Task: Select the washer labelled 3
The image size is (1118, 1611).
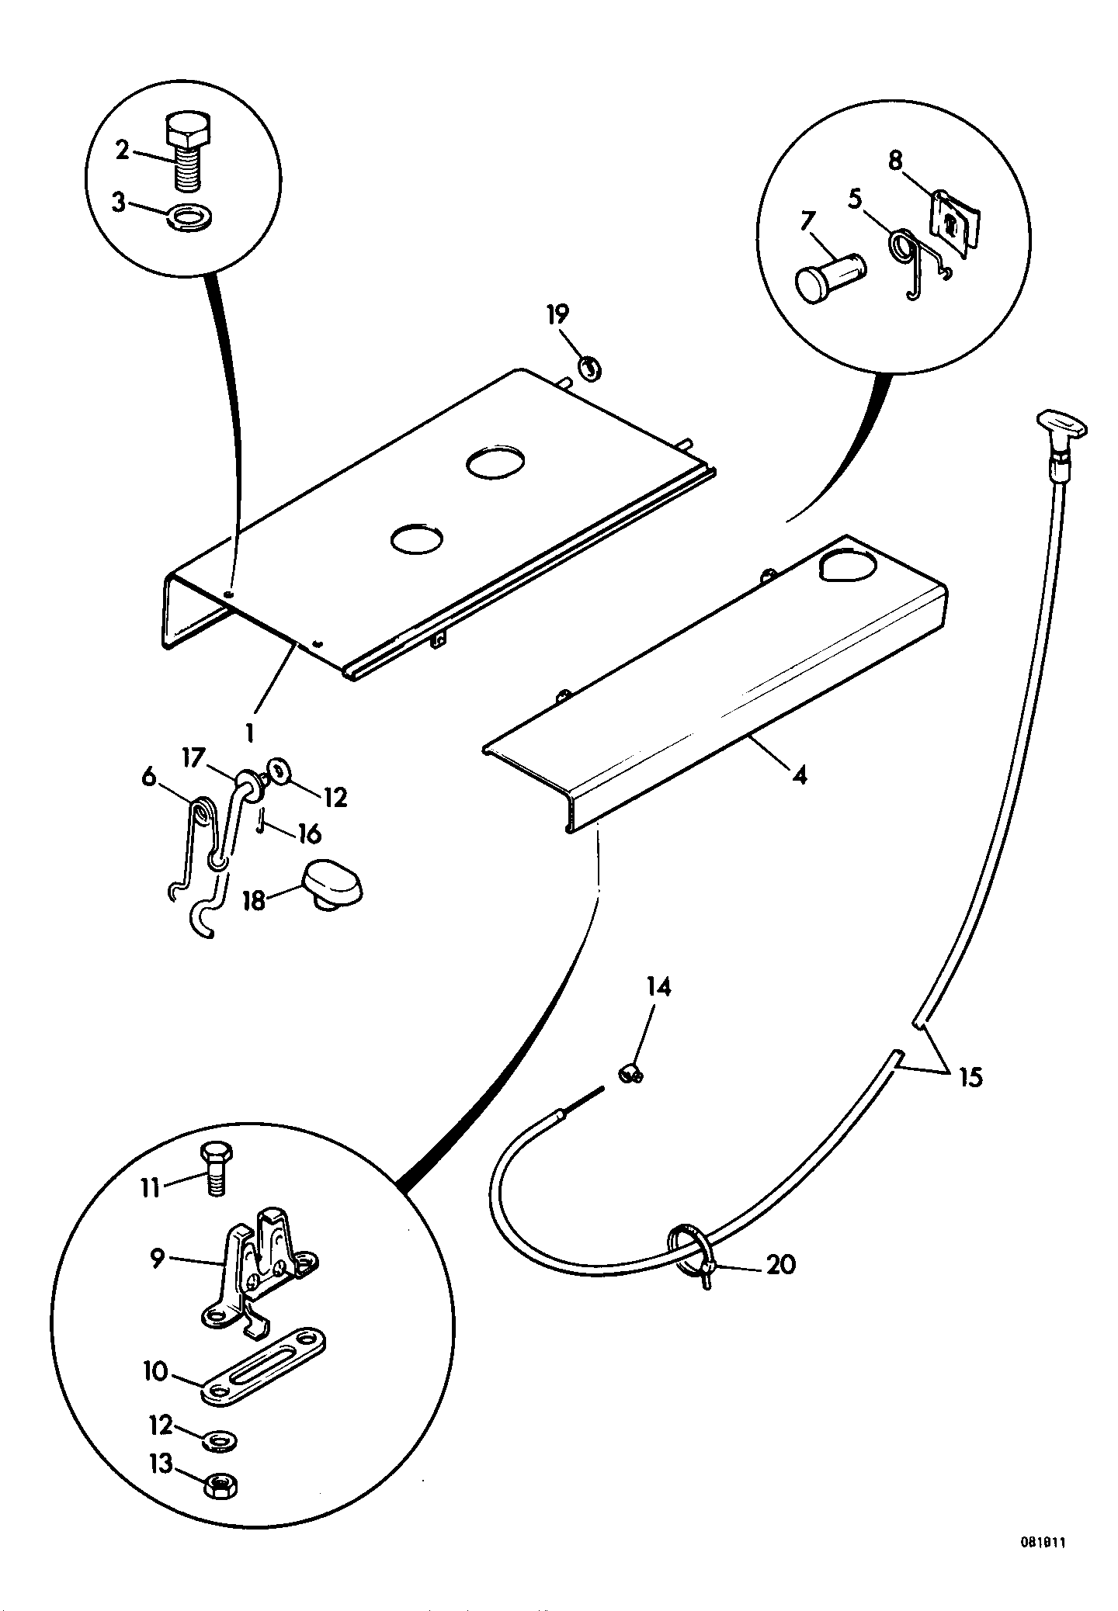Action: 189,216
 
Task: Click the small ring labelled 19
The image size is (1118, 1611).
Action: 590,367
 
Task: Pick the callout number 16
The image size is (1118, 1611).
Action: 307,834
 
